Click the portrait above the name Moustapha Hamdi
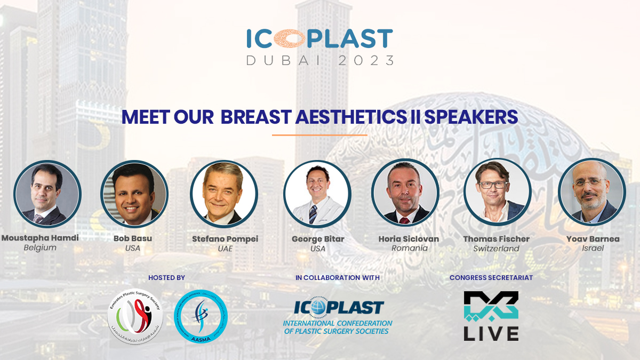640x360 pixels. tap(47, 194)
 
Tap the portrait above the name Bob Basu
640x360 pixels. tap(134, 194)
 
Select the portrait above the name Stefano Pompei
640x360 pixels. tap(224, 194)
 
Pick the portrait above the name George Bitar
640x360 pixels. tap(317, 194)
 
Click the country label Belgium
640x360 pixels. tap(40, 248)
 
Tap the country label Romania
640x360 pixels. tap(410, 248)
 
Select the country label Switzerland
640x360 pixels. tap(496, 249)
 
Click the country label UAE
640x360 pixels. tap(225, 249)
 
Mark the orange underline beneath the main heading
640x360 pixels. tap(319, 135)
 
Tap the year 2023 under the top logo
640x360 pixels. tap(366, 60)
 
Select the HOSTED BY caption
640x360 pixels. tap(167, 278)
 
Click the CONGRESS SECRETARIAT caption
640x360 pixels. tap(491, 278)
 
